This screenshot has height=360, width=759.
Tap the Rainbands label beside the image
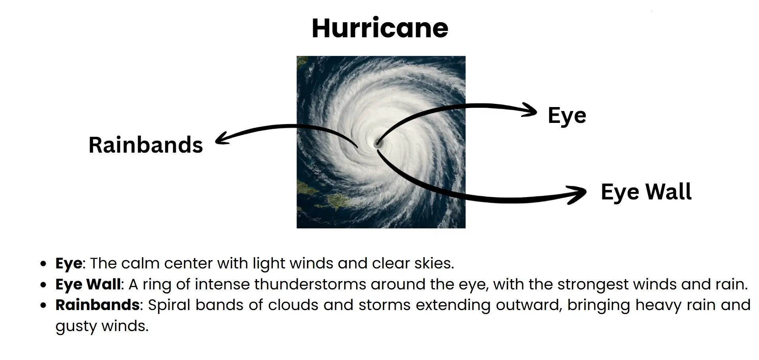click(x=146, y=145)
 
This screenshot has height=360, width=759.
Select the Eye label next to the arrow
click(x=567, y=115)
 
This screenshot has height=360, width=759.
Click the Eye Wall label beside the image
click(x=646, y=191)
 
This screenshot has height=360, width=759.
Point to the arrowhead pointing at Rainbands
click(x=220, y=138)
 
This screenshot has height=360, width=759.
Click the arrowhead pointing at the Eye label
click(x=531, y=110)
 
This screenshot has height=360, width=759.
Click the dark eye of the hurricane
click(x=376, y=144)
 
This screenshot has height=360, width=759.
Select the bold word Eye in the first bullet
click(x=69, y=263)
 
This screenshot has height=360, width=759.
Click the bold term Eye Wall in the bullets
click(x=88, y=284)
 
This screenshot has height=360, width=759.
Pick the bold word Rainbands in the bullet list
click(x=97, y=305)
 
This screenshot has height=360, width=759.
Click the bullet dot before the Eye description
click(x=44, y=264)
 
